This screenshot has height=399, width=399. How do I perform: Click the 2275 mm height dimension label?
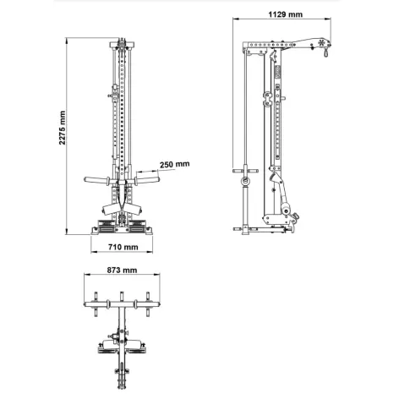(62, 128)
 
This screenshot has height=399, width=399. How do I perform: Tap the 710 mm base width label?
(123, 247)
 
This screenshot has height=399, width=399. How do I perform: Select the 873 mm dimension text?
(122, 271)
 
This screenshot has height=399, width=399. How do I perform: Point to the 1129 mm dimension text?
(285, 14)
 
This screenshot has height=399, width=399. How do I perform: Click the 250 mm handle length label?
(175, 164)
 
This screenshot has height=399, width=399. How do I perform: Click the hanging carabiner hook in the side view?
(326, 52)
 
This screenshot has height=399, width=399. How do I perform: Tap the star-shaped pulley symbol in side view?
(321, 43)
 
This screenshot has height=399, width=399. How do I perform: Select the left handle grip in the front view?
(97, 179)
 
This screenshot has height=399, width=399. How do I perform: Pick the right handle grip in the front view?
(147, 179)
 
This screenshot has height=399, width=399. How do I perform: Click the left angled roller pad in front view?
(110, 209)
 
